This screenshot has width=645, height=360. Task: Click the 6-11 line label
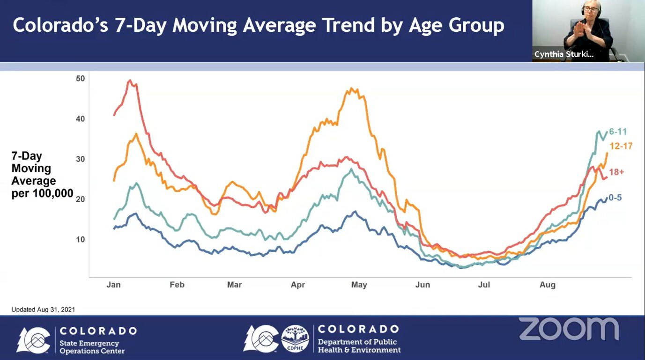(x=617, y=132)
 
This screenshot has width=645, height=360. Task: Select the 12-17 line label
(x=621, y=146)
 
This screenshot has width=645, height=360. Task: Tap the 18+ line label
(x=617, y=172)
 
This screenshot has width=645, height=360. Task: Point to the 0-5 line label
(x=615, y=198)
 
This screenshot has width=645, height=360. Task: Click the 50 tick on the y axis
(x=81, y=78)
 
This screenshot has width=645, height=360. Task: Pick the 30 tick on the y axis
(x=81, y=159)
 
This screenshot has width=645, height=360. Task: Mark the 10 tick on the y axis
(x=81, y=240)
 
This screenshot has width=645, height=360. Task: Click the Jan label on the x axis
(x=113, y=285)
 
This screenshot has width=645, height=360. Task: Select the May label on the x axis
(x=359, y=285)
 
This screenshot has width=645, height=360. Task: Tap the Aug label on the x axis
(x=548, y=285)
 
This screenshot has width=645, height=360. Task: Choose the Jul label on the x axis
(x=484, y=285)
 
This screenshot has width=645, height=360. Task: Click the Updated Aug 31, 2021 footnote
(x=43, y=309)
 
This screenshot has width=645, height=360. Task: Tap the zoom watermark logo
(x=569, y=329)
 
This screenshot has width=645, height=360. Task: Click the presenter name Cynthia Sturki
(x=564, y=55)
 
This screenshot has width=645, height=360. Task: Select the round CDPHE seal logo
(x=295, y=338)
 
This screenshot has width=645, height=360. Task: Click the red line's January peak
(x=130, y=81)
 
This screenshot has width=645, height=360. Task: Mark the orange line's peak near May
(x=352, y=88)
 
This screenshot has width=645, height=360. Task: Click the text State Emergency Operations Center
(x=92, y=347)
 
